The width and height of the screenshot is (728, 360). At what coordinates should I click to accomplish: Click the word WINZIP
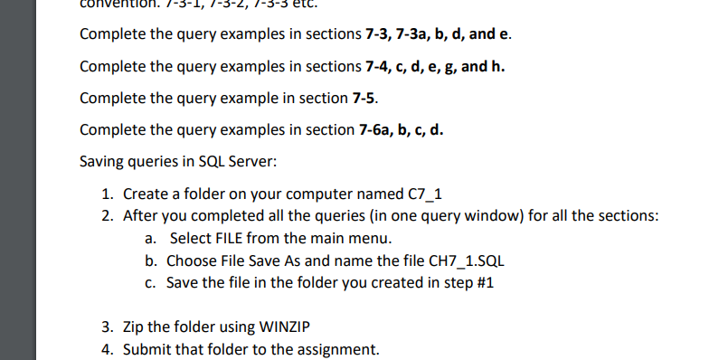260,327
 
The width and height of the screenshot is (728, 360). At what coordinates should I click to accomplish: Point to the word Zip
135,327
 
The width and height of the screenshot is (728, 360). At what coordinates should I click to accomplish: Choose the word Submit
147,349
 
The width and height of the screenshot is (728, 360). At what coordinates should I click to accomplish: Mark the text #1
484,282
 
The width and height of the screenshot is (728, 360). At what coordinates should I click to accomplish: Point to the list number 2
107,216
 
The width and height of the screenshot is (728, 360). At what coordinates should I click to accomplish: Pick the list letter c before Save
149,282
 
